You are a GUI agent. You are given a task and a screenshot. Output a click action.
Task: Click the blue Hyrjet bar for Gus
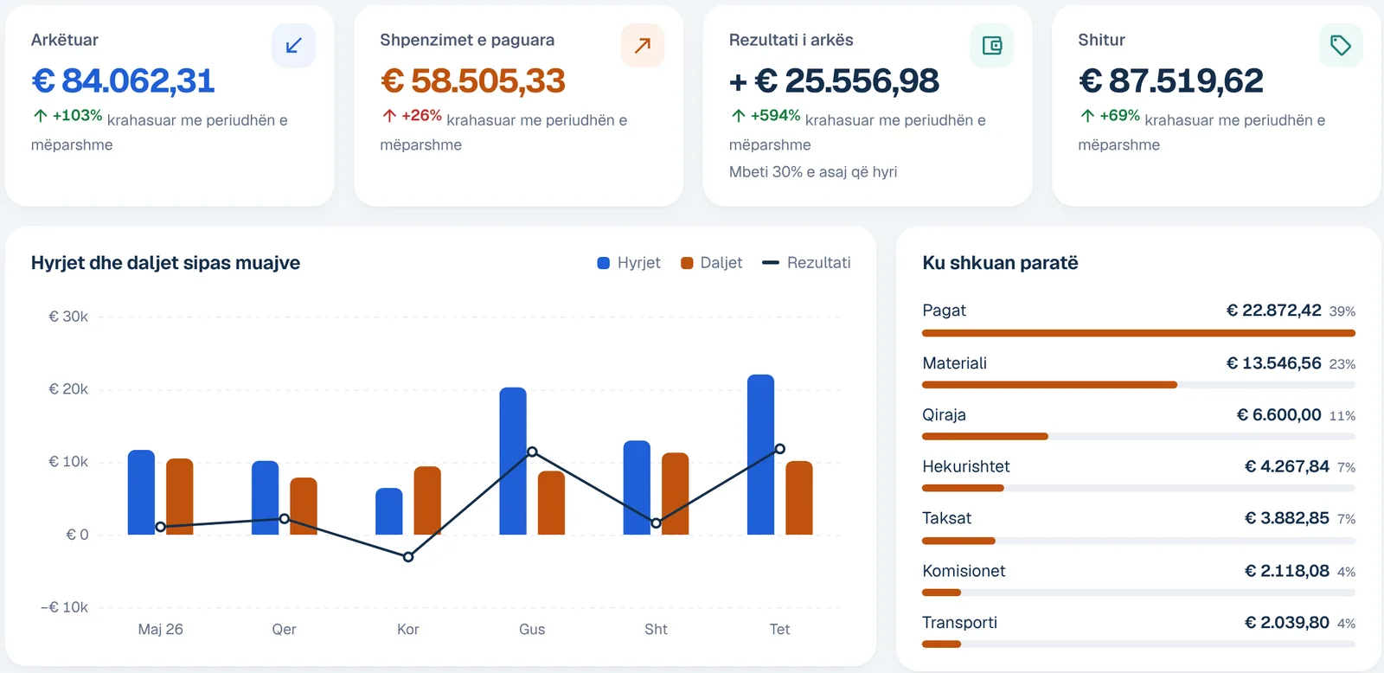tap(513, 461)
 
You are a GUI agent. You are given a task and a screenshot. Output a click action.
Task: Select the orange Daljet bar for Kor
tap(427, 501)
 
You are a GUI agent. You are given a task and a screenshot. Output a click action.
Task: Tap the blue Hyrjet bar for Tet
tap(760, 454)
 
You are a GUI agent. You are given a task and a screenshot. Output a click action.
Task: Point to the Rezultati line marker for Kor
tap(408, 557)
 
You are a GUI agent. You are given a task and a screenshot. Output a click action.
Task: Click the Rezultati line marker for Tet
tap(779, 449)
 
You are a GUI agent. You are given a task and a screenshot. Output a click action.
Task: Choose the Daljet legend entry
tap(711, 263)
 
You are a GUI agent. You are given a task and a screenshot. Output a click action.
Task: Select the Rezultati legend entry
tap(806, 263)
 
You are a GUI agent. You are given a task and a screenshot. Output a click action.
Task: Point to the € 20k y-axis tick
tap(68, 388)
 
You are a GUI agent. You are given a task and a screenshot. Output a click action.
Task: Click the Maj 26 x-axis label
tap(161, 629)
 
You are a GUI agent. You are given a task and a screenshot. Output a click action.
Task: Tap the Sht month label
tap(657, 629)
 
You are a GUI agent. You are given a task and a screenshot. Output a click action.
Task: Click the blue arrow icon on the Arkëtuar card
tap(293, 45)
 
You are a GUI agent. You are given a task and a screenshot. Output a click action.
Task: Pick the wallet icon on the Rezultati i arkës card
tap(991, 45)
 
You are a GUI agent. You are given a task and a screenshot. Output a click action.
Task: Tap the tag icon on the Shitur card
tap(1340, 45)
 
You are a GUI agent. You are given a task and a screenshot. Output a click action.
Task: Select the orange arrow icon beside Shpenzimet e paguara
tap(643, 45)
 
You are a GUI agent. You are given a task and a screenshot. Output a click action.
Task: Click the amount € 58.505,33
tap(472, 81)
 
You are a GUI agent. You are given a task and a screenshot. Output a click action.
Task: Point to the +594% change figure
tap(775, 116)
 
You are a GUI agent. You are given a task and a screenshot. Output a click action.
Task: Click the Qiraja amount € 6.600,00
tap(1279, 414)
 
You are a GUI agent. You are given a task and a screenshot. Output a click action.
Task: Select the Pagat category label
tap(944, 311)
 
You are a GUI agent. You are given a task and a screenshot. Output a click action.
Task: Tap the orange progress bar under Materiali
tap(1050, 385)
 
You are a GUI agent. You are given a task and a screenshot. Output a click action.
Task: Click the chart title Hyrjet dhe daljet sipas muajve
tap(165, 263)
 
